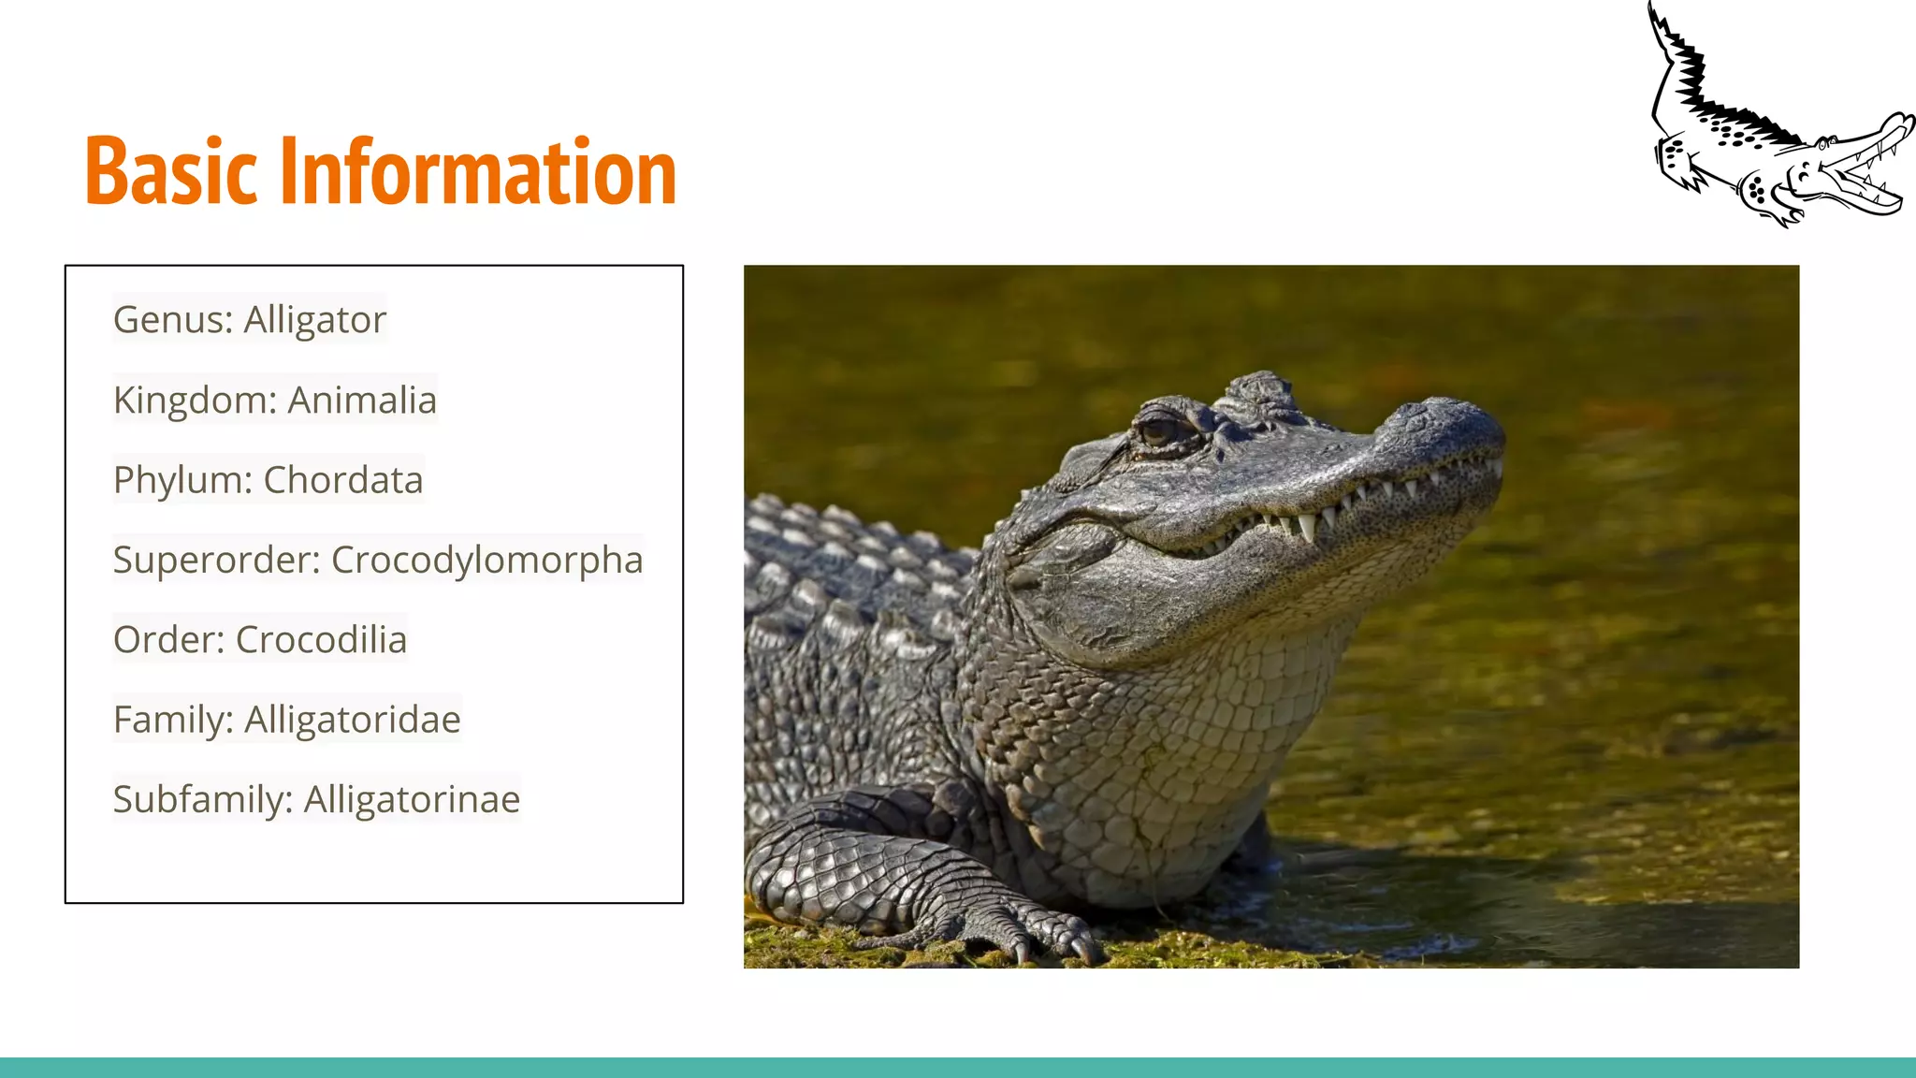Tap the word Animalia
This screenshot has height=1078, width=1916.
point(362,401)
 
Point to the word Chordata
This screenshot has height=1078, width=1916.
point(343,480)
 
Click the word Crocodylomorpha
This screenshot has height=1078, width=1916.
point(486,561)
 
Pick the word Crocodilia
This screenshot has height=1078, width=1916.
point(321,640)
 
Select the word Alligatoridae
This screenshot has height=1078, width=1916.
point(353,720)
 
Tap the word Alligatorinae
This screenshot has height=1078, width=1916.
point(412,800)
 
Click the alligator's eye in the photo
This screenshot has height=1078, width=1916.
point(1159,431)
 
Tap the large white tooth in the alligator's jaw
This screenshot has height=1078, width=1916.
point(1306,527)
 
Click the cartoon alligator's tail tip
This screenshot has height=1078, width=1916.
point(1652,11)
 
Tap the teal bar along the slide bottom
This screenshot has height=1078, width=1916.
point(958,1068)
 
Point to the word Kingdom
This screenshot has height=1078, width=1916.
point(191,401)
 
